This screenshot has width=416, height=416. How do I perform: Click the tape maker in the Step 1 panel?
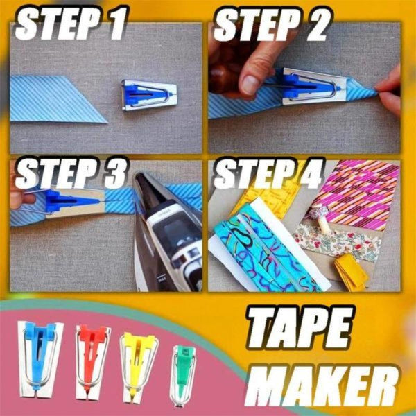148,94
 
